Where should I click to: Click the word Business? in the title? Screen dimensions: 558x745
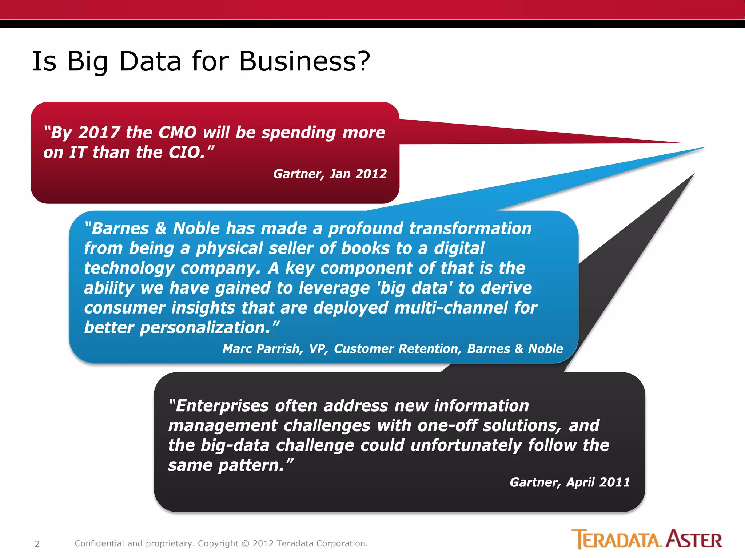pyautogui.click(x=305, y=61)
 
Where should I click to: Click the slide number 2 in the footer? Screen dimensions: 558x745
pyautogui.click(x=37, y=544)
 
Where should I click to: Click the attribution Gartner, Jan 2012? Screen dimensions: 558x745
pyautogui.click(x=330, y=174)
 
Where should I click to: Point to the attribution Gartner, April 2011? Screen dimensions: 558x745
pyautogui.click(x=570, y=482)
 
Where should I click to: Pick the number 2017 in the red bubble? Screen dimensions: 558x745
pyautogui.click(x=99, y=133)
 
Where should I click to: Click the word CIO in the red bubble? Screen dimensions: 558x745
pyautogui.click(x=187, y=153)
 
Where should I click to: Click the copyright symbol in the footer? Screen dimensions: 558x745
pyautogui.click(x=246, y=544)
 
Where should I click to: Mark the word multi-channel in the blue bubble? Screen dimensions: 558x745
pyautogui.click(x=451, y=308)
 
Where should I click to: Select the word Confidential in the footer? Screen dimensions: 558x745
pyautogui.click(x=99, y=543)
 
